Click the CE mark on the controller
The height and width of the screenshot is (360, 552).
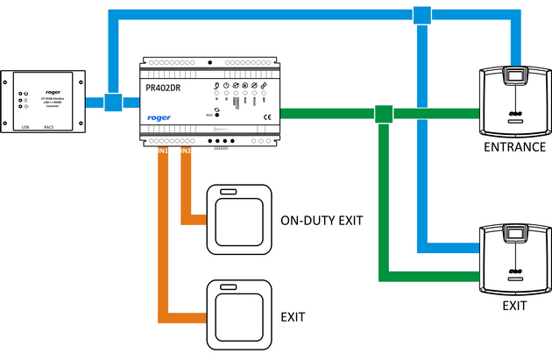[267, 116]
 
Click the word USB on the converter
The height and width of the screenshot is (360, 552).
[25, 127]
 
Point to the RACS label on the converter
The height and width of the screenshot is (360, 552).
[60, 127]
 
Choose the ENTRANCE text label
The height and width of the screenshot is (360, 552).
[515, 146]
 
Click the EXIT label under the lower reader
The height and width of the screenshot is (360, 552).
[514, 306]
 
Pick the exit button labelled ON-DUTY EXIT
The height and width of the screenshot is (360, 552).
[235, 215]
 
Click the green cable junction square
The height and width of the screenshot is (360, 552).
[382, 114]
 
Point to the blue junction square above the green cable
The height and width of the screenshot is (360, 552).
[422, 15]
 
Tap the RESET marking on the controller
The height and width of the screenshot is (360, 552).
[209, 114]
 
